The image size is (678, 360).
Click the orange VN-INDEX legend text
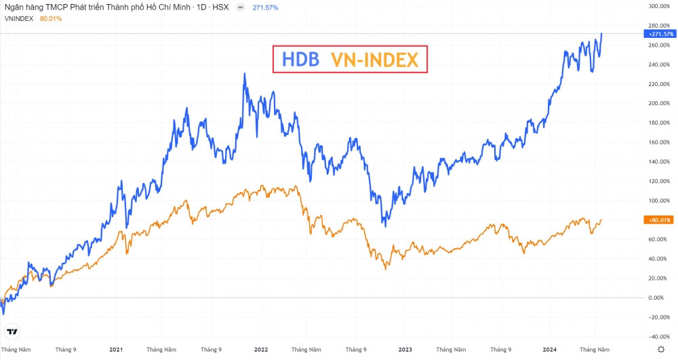pos(375,60)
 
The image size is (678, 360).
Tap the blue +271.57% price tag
pos(657,33)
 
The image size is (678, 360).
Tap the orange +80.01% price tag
pos(657,220)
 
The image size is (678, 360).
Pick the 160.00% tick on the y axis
pos(658,142)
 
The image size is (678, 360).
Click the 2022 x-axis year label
pos(261,349)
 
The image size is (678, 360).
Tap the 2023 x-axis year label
pos(405,349)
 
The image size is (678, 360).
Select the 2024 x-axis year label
pos(550,349)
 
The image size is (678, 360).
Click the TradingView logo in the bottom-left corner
pos(12,332)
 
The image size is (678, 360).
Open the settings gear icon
pos(661,348)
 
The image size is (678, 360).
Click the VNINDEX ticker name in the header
pos(18,18)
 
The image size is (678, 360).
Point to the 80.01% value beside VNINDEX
pos(51,18)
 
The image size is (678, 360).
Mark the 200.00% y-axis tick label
pos(658,103)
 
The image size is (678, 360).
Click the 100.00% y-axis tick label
pos(658,201)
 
